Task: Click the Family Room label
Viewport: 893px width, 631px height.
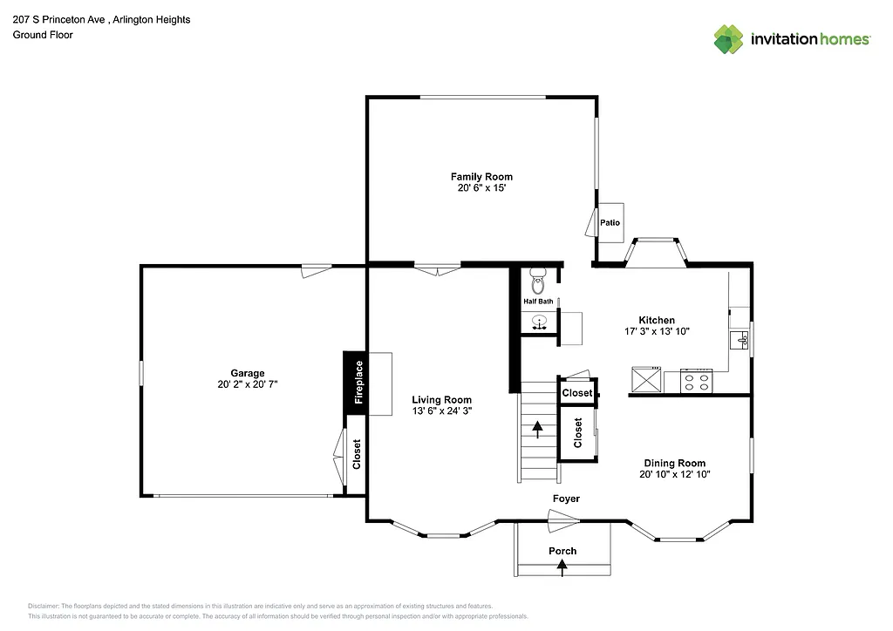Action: pos(481,177)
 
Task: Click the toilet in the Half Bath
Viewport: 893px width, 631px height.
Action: pos(538,283)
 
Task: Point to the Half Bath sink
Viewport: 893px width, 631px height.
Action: pos(540,322)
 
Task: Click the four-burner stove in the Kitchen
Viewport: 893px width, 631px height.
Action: pos(697,381)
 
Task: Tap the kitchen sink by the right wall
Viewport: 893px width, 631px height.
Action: pos(742,339)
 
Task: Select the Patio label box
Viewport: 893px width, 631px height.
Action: pos(610,222)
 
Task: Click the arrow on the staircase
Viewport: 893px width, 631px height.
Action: pos(537,428)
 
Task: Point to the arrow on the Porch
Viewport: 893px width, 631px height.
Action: pos(562,567)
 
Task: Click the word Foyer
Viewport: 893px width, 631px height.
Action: pos(566,499)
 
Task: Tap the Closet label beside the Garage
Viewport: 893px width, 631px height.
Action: pos(357,454)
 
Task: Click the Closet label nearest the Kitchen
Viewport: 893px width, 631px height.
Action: pos(576,392)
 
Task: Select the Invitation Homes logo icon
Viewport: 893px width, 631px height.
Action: pos(729,38)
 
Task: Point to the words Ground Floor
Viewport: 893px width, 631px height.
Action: pos(43,35)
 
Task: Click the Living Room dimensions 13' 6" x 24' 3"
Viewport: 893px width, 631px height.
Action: pos(441,411)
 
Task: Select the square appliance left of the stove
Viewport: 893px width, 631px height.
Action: pos(646,381)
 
